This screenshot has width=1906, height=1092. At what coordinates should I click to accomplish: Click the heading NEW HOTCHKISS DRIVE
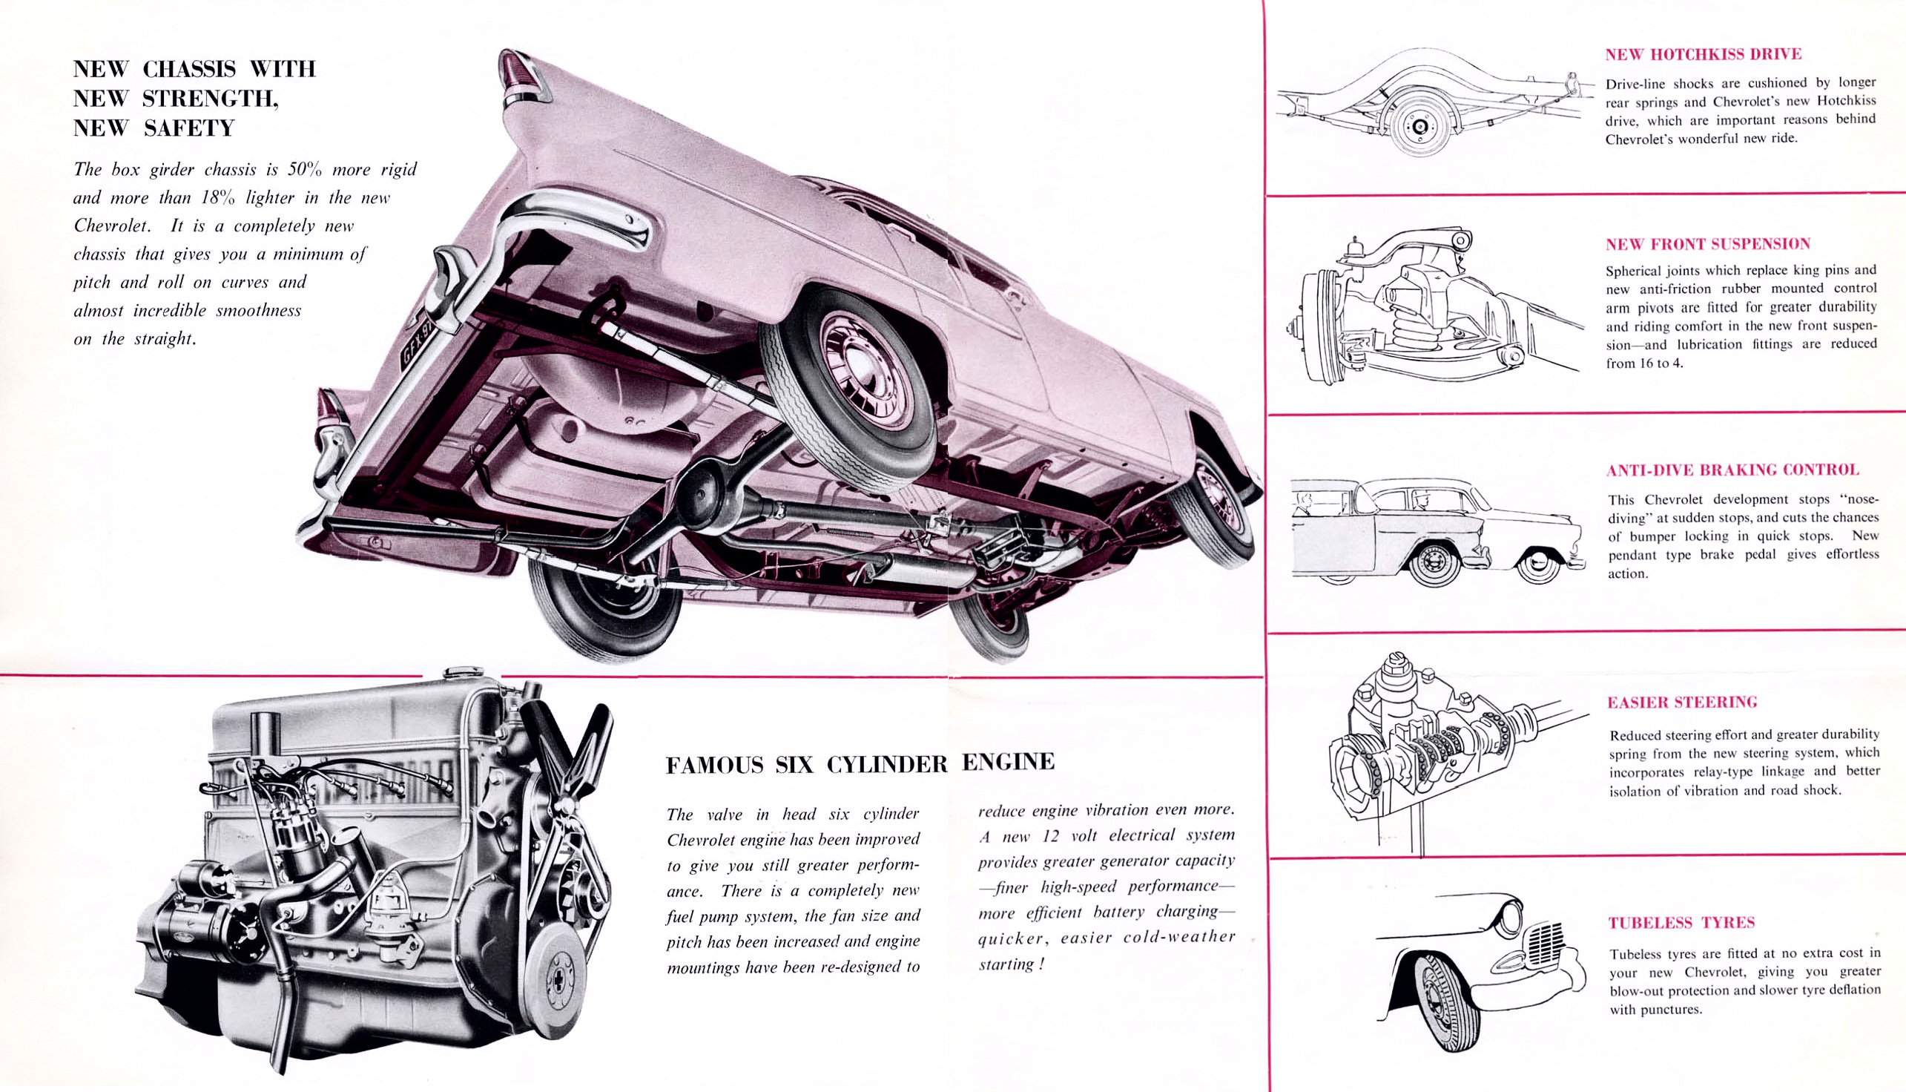click(x=1703, y=54)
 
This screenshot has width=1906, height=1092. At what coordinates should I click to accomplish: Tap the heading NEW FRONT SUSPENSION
click(x=1707, y=244)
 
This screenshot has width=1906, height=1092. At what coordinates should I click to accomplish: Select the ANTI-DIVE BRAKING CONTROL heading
click(x=1732, y=470)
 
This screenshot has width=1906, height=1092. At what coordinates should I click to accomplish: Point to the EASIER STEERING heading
click(x=1682, y=702)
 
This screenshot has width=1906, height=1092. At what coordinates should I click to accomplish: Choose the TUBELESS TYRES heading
click(x=1681, y=923)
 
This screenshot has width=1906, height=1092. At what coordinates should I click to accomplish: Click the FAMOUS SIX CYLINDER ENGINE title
click(x=860, y=763)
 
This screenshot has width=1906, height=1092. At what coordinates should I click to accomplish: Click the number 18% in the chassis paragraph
click(x=218, y=198)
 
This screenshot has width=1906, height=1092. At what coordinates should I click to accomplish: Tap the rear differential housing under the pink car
click(x=705, y=491)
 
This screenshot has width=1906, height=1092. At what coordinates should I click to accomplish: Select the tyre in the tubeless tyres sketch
click(x=1447, y=1001)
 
